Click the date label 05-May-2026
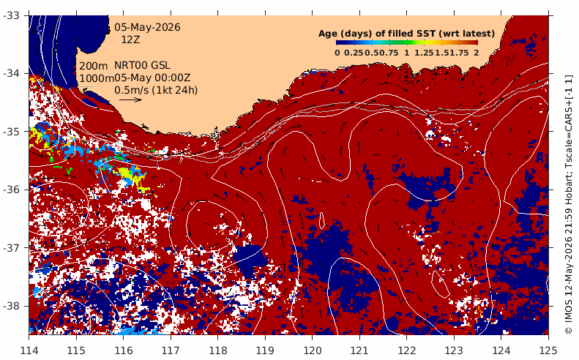pyautogui.click(x=147, y=27)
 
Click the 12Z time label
pyautogui.click(x=131, y=40)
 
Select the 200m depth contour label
pyautogui.click(x=94, y=66)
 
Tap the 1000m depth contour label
pyautogui.click(x=97, y=78)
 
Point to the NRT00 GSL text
pyautogui.click(x=142, y=65)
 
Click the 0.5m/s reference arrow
pyautogui.click(x=131, y=100)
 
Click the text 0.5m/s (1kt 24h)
pyautogui.click(x=156, y=90)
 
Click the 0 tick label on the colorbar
pyautogui.click(x=337, y=53)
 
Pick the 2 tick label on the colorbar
pyautogui.click(x=477, y=53)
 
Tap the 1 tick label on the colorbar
pyautogui.click(x=406, y=53)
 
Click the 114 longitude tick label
pyautogui.click(x=29, y=350)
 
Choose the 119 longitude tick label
pyautogui.click(x=265, y=350)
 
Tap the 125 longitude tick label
pyautogui.click(x=548, y=350)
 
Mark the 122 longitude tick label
pyautogui.click(x=406, y=350)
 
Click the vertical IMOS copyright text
pyautogui.click(x=569, y=205)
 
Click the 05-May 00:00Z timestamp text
pyautogui.click(x=152, y=78)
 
